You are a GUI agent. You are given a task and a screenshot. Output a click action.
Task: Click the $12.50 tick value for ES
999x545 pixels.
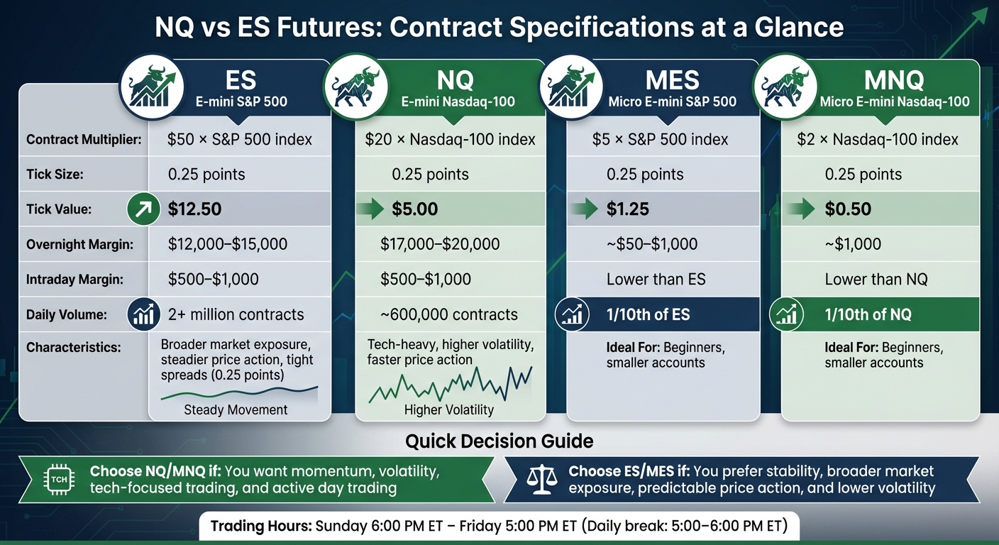click(195, 209)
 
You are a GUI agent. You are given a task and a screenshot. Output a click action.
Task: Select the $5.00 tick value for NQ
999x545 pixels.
click(414, 209)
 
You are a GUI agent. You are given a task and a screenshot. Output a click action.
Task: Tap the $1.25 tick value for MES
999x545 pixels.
click(627, 209)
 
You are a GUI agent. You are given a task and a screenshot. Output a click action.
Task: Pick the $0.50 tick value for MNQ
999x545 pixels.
click(848, 209)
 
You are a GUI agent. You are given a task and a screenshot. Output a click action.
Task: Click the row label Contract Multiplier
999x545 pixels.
click(84, 140)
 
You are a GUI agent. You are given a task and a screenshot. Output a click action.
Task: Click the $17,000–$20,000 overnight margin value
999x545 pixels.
click(440, 245)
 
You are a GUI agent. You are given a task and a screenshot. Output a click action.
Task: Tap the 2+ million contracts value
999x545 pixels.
click(236, 314)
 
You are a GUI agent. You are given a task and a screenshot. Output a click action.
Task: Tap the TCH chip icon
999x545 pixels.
click(60, 480)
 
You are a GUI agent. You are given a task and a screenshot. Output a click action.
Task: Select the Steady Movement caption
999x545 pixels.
click(236, 409)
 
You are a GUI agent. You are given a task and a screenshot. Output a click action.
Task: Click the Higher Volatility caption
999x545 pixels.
click(448, 409)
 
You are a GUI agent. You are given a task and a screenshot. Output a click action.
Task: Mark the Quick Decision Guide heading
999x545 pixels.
click(499, 441)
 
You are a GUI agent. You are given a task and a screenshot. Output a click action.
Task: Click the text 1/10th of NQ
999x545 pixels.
click(868, 314)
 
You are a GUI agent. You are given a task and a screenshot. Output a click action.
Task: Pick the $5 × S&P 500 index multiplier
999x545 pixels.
click(660, 140)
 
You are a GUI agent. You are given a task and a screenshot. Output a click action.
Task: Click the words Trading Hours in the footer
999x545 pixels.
click(261, 527)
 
